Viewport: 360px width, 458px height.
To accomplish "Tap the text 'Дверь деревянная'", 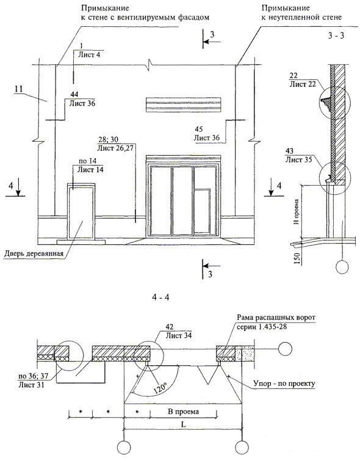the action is [x=34, y=253].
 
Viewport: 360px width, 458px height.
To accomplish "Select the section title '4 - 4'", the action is [x=160, y=297].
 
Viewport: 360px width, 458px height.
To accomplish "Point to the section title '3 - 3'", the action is [x=336, y=35].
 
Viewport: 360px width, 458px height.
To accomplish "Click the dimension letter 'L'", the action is [x=184, y=424].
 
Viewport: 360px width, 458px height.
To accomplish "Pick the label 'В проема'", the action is [x=184, y=412].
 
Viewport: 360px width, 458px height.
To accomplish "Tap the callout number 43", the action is [x=290, y=151].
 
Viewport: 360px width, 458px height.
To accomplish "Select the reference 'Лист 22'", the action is [x=303, y=84].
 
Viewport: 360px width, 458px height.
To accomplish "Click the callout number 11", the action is [x=18, y=89].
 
